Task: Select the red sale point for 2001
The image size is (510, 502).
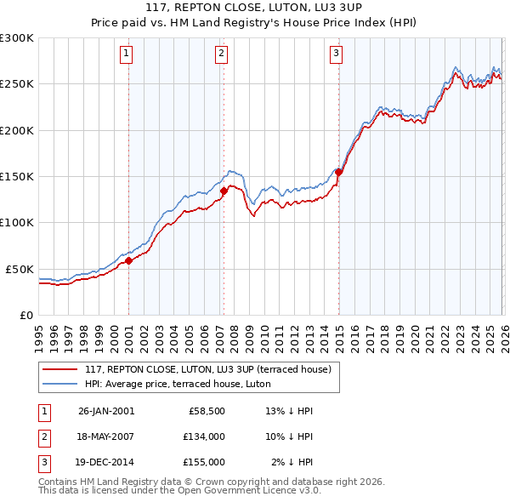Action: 129,261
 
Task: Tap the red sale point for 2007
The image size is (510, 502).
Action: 224,191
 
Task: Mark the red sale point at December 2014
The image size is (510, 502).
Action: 338,172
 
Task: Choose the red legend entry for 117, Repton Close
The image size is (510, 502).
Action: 212,369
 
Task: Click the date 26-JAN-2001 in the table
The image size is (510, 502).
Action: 105,411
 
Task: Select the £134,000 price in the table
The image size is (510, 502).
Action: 205,436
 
